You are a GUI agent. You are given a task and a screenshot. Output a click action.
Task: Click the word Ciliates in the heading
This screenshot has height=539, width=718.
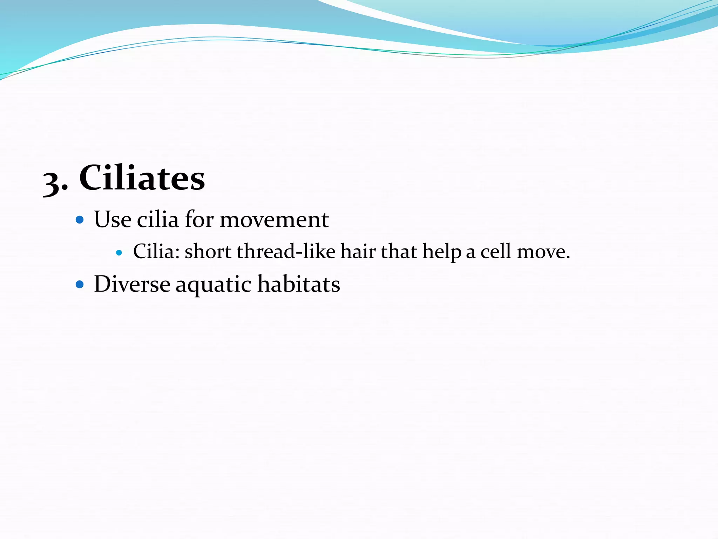142,178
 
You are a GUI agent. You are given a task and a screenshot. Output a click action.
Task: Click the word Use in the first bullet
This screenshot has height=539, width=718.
113,220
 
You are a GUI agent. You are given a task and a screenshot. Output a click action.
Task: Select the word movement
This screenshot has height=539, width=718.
274,220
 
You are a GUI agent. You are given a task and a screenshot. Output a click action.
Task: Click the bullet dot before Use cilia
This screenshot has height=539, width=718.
80,220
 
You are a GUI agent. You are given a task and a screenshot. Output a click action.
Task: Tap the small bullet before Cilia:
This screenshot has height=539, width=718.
119,252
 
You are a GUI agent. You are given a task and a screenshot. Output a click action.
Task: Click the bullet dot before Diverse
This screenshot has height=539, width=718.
80,284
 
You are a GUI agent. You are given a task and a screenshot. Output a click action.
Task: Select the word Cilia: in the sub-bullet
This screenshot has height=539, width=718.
156,252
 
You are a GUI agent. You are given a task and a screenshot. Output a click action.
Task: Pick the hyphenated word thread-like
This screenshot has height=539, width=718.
286,252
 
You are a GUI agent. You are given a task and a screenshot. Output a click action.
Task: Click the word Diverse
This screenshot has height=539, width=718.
132,284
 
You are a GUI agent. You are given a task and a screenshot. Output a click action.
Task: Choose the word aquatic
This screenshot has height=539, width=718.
214,285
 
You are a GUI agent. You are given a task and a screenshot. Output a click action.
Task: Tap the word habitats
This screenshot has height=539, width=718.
299,284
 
